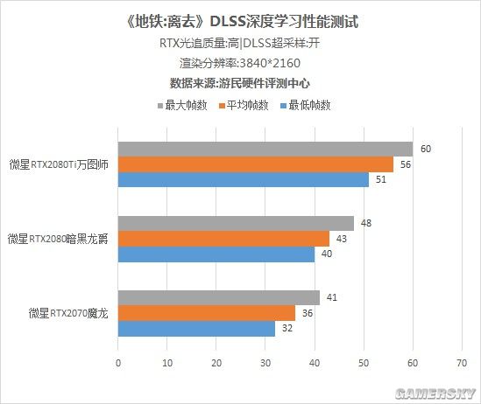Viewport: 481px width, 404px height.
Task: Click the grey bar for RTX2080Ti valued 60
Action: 265,149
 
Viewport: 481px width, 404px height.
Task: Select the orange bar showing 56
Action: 256,164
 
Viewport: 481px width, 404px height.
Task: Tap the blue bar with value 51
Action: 244,180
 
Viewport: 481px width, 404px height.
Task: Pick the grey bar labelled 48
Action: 236,223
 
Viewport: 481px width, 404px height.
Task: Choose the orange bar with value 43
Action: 223,239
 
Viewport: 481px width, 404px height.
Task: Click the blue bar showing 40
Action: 216,254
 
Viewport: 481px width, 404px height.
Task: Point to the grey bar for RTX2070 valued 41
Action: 219,297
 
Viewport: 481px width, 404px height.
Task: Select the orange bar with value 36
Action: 207,313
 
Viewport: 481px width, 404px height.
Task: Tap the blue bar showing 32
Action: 196,329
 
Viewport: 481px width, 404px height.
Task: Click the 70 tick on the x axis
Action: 462,358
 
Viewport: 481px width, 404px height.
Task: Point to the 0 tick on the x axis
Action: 118,358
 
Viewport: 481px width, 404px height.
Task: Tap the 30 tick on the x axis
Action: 265,358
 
